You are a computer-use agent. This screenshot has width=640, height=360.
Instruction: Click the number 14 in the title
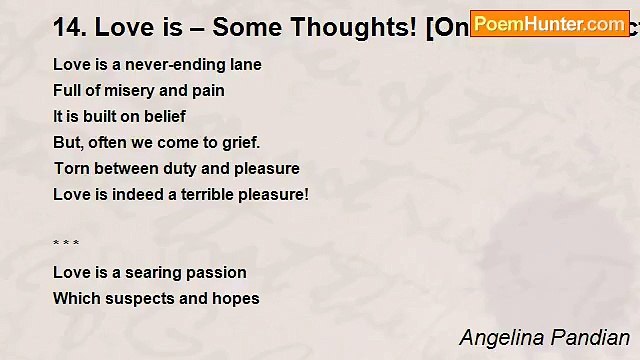[67, 27]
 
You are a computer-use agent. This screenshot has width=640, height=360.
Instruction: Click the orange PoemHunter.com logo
[549, 24]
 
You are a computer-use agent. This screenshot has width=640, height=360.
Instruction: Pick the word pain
[208, 91]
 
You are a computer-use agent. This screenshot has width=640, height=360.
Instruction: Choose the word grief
[238, 143]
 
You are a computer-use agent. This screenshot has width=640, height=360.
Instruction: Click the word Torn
[70, 169]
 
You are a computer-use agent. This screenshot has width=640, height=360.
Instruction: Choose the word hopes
[236, 298]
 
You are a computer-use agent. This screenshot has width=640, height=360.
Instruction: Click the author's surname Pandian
[596, 338]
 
